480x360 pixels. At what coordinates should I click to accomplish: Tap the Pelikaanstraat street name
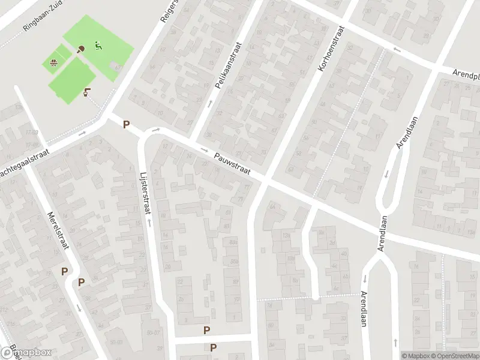point(227,65)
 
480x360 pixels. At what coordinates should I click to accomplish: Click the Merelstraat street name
point(58,230)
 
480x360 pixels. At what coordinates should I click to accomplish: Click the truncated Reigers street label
point(170,12)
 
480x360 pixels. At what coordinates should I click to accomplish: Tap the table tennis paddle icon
point(81,49)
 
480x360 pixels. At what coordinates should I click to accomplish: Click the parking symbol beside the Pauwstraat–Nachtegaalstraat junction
point(126,125)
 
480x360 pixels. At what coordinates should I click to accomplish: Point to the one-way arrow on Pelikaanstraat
point(210,104)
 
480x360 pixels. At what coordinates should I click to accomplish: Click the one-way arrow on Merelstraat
point(80,308)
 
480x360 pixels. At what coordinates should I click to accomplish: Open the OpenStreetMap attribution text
point(455,355)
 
